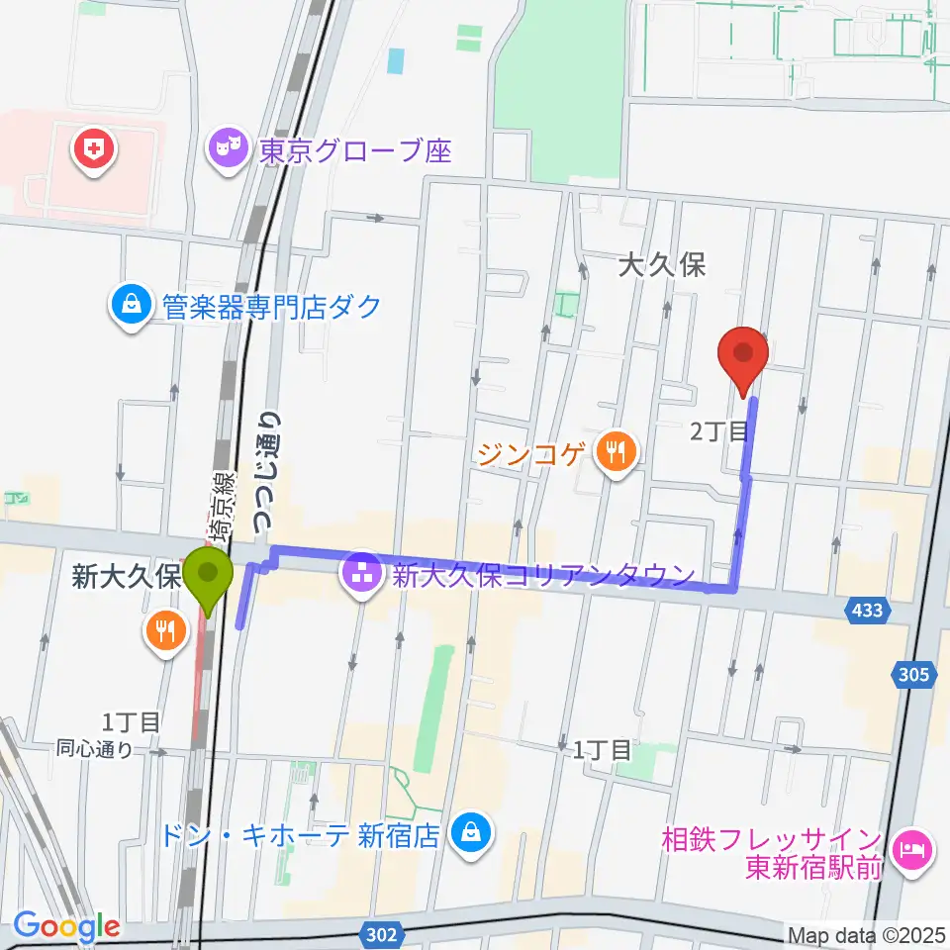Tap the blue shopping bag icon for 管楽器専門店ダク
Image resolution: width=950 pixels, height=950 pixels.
click(x=131, y=306)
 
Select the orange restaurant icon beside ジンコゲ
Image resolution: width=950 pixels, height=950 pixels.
click(x=616, y=454)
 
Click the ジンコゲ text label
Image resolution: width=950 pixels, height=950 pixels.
click(x=533, y=454)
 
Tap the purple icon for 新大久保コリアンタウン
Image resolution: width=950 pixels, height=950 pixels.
click(x=362, y=574)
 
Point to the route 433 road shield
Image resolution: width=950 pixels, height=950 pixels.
click(x=866, y=613)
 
